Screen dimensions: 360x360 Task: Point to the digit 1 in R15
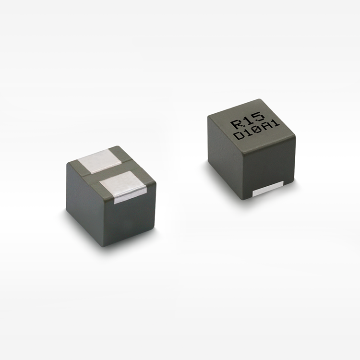click(x=248, y=120)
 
